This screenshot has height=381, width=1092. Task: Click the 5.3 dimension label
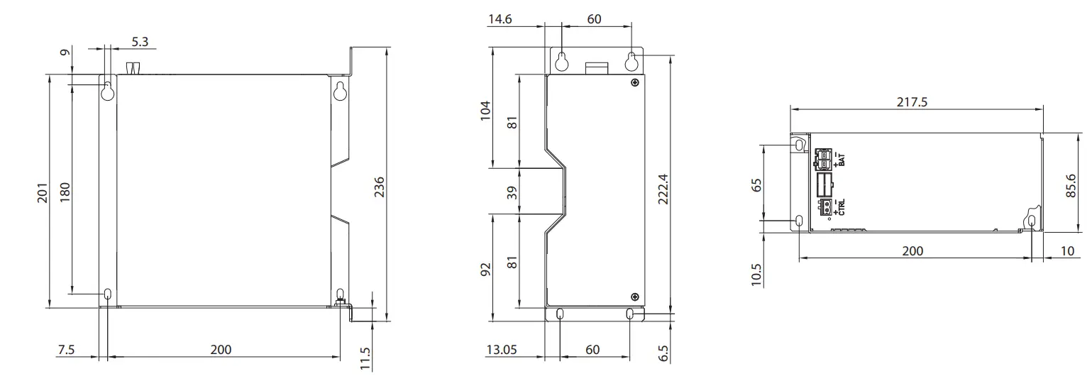pyautogui.click(x=140, y=42)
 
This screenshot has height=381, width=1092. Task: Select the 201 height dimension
pyautogui.click(x=42, y=192)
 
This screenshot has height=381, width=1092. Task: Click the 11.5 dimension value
pyautogui.click(x=365, y=359)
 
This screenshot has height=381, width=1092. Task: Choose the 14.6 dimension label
pyautogui.click(x=500, y=19)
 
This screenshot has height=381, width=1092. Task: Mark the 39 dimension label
pyautogui.click(x=512, y=191)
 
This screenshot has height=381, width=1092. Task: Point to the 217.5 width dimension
pyautogui.click(x=912, y=101)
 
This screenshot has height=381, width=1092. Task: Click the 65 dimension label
pyautogui.click(x=756, y=184)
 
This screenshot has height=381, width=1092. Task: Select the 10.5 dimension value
pyautogui.click(x=756, y=275)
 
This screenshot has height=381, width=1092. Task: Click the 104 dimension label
pyautogui.click(x=485, y=111)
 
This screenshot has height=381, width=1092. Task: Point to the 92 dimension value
pyautogui.click(x=485, y=270)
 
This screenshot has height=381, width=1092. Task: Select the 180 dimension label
pyautogui.click(x=65, y=192)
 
